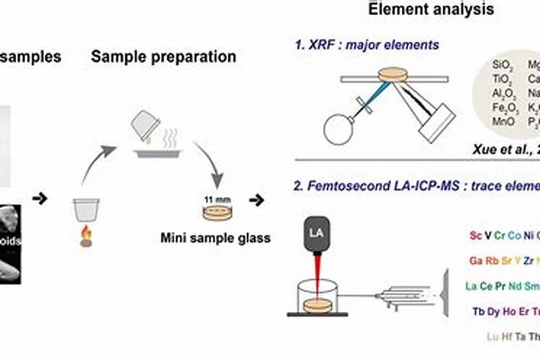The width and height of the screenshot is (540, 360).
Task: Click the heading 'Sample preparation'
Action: tap(163, 56)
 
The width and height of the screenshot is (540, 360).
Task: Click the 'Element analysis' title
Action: tap(431, 9)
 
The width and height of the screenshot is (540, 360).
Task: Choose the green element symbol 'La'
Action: tap(472, 286)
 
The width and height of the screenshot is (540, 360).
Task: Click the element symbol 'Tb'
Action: tap(479, 311)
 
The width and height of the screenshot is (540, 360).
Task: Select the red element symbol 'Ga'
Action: tap(476, 260)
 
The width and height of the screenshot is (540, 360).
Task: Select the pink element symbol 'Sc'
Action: tap(475, 235)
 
